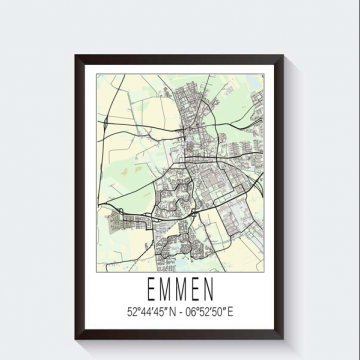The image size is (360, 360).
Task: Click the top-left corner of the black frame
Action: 77,49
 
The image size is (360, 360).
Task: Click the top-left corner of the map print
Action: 97,71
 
